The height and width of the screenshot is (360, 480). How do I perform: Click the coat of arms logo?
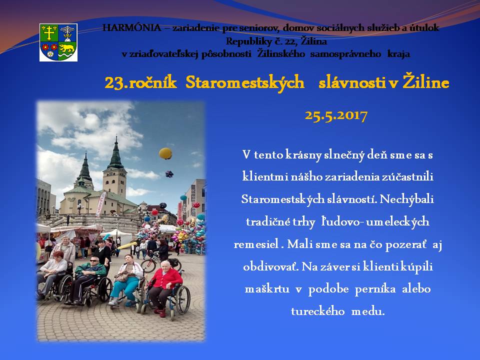(58, 42)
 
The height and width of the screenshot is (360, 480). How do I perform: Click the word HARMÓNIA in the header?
(132, 28)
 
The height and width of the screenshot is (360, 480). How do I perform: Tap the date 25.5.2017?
(336, 115)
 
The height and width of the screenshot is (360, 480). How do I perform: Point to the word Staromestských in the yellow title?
(244, 83)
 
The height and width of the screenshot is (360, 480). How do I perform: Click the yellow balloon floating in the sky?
(165, 153)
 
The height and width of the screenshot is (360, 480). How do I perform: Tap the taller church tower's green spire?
(116, 153)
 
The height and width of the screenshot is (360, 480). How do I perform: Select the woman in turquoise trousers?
(126, 279)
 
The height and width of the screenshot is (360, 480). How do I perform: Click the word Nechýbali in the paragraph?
(406, 199)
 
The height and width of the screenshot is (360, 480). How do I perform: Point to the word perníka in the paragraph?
(375, 289)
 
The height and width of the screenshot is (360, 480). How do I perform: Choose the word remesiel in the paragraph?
(256, 244)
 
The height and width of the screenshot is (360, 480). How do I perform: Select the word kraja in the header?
(398, 54)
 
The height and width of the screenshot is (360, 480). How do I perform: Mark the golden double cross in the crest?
(49, 33)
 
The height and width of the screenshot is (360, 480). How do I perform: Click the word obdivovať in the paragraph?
(270, 266)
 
